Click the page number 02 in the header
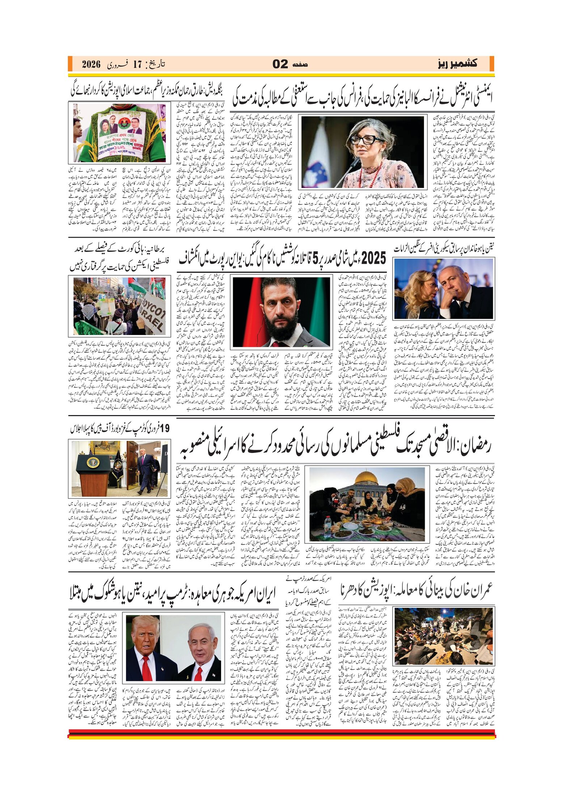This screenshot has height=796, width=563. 280,64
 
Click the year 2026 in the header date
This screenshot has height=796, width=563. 91,64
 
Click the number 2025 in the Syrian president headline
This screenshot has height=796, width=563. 373,258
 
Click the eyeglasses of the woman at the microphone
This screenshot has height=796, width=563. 362,140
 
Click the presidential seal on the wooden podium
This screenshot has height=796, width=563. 93,463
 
